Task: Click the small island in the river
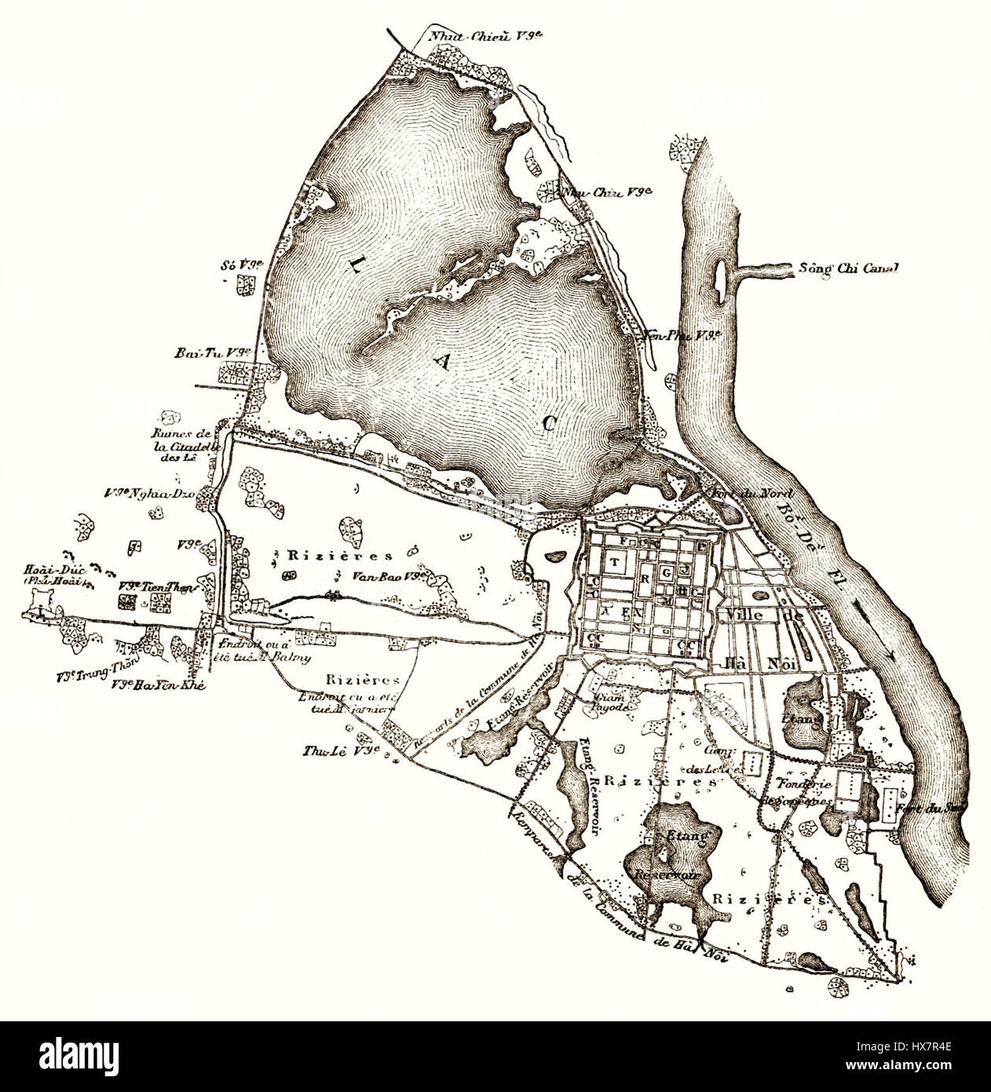pyautogui.click(x=718, y=275)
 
